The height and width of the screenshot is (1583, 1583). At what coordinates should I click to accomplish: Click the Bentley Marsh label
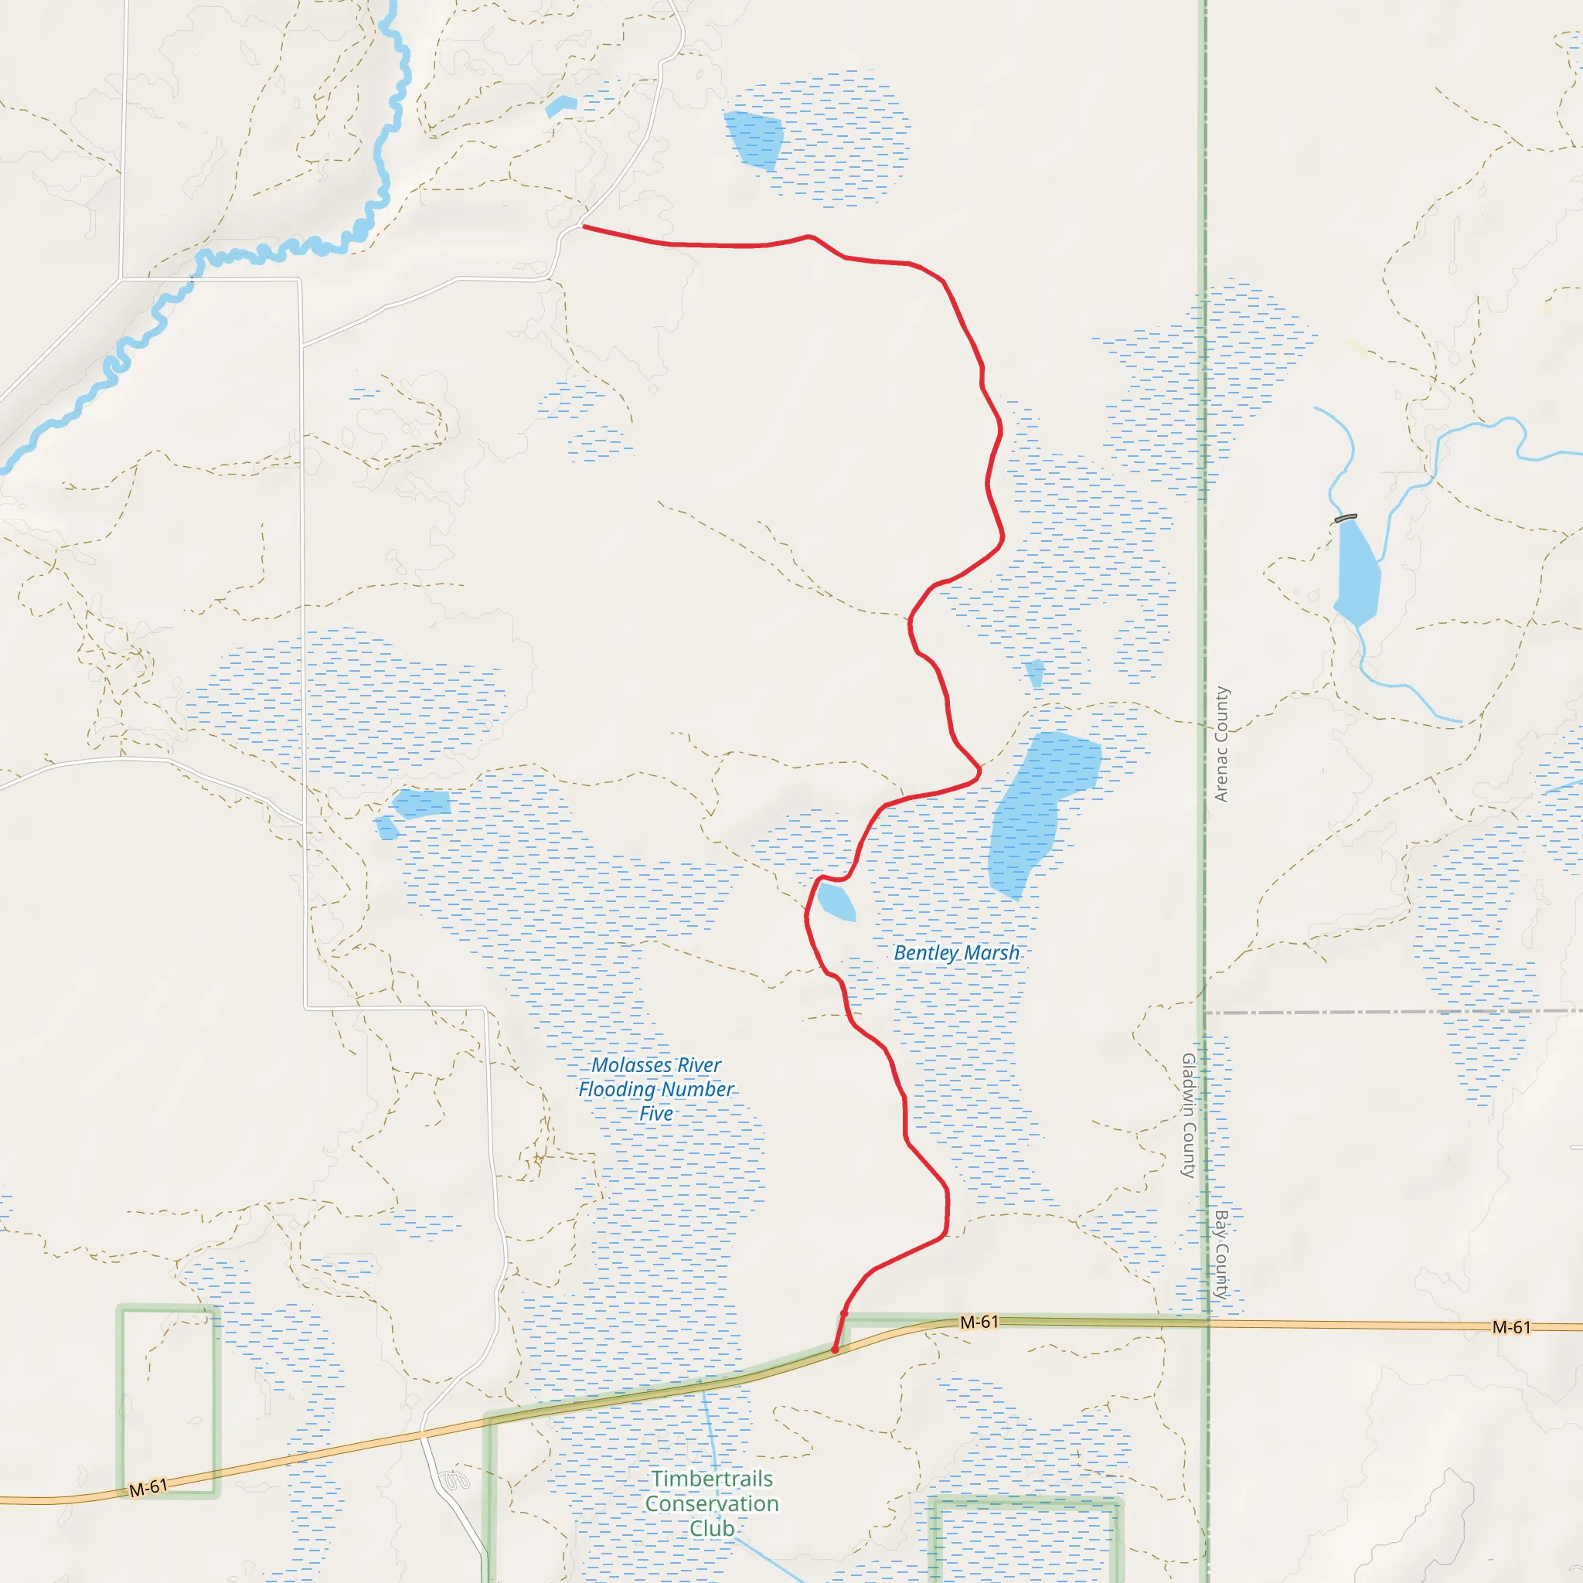point(956,953)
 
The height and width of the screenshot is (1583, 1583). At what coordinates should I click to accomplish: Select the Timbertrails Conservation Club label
point(711,1503)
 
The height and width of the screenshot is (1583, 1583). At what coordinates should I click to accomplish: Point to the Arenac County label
point(1220,744)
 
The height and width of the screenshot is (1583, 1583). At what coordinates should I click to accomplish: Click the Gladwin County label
point(1189,1115)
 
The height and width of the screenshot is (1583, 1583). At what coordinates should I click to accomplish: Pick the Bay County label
point(1220,1254)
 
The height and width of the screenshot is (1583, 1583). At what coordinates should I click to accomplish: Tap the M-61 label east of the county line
point(1511,1327)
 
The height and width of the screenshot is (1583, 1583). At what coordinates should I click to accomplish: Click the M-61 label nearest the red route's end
point(979,1322)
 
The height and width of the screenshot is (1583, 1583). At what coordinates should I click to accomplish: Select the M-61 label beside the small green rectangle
point(148,1487)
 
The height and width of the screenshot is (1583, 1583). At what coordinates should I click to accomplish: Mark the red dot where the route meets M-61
point(835,1350)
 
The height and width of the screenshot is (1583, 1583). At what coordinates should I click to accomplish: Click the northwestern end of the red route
point(584,226)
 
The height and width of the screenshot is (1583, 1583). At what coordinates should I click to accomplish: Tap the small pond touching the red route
point(836,901)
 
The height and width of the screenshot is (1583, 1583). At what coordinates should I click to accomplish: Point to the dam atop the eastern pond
point(1346,518)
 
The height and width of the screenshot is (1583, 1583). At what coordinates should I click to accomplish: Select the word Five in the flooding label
point(655,1114)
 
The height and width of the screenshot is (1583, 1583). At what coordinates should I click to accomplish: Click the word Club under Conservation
point(711,1528)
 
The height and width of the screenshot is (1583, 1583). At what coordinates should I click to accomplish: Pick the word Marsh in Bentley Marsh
point(992,953)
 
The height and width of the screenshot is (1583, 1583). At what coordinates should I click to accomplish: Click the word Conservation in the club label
point(711,1503)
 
